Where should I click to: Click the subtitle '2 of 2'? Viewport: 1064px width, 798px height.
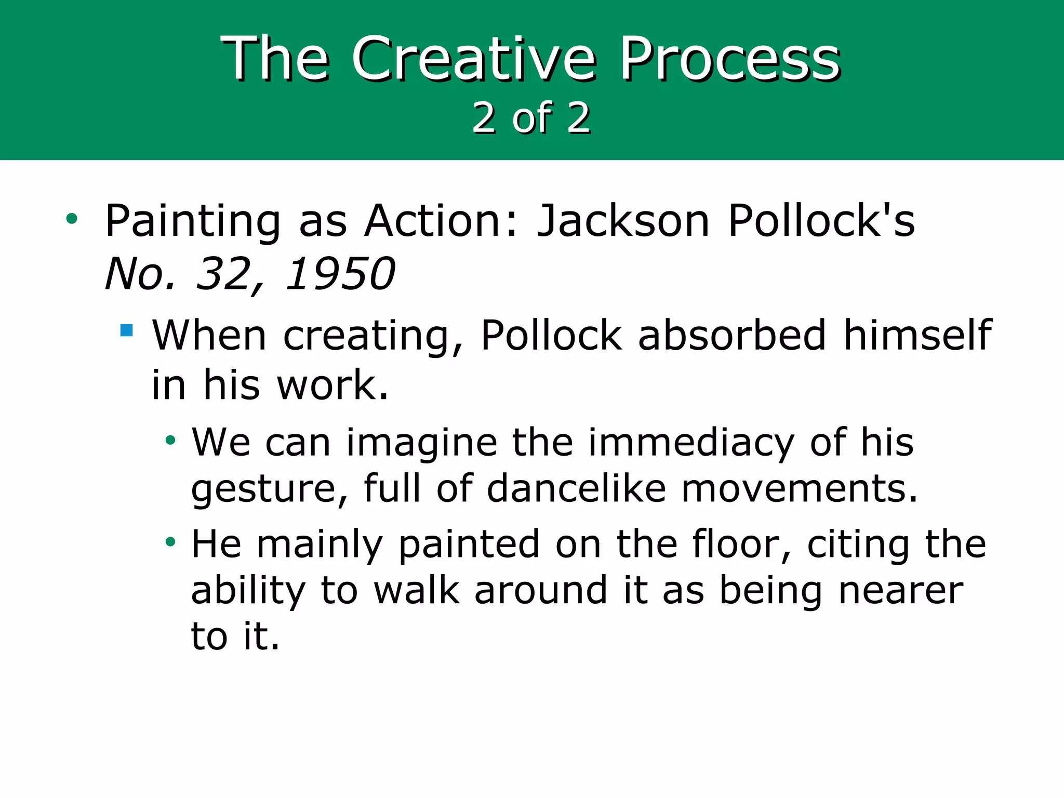pos(531,118)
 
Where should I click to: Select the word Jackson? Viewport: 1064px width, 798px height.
pos(623,221)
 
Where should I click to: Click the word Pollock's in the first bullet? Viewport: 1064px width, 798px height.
pos(821,221)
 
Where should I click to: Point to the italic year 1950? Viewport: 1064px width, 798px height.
pos(340,274)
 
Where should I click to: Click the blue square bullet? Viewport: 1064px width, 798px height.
pos(126,330)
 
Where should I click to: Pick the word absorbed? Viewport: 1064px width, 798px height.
pos(731,335)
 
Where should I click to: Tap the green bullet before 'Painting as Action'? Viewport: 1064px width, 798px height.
pos(72,219)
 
